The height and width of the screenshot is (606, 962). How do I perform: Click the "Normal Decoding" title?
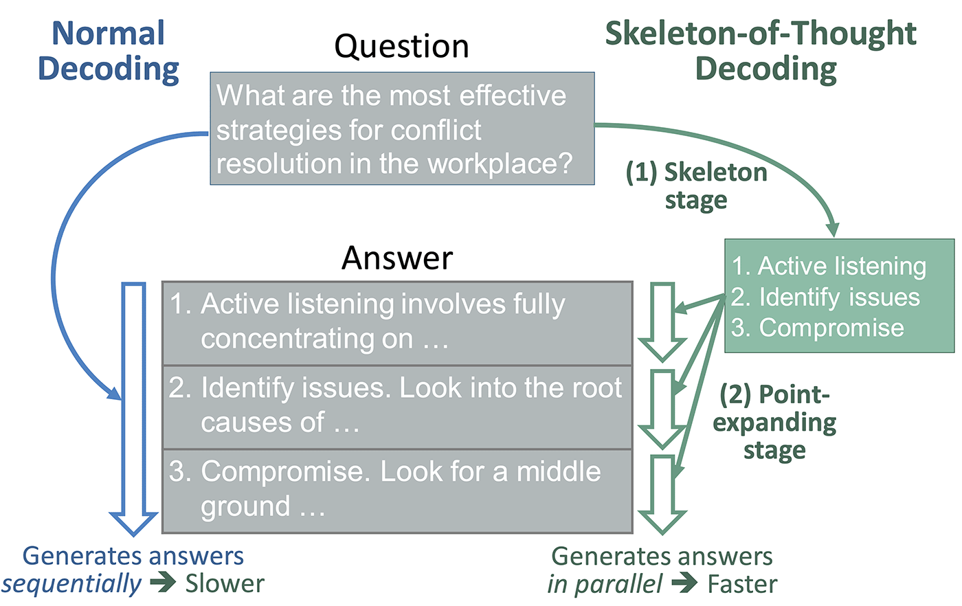click(108, 52)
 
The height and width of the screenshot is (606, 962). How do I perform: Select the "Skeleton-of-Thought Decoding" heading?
click(761, 52)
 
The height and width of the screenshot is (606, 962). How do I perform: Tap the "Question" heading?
click(401, 47)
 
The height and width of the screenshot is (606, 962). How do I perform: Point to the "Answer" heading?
click(397, 258)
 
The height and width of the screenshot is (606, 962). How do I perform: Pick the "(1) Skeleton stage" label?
click(696, 186)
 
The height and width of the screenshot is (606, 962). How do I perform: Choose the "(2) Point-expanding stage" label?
click(774, 422)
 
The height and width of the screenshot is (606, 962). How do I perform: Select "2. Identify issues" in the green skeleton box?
click(825, 297)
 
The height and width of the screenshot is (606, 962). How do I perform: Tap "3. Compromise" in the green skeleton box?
click(818, 328)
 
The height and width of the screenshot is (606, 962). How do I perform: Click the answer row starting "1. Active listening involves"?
click(396, 322)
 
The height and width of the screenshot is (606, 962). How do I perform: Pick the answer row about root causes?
click(396, 406)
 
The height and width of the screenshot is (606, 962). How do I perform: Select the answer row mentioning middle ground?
click(396, 490)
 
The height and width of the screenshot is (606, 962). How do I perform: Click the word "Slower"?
click(225, 584)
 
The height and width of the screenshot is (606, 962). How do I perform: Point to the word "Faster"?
click(742, 585)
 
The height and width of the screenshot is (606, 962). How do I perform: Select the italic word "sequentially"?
click(71, 584)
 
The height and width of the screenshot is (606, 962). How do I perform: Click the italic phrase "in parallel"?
click(605, 585)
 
